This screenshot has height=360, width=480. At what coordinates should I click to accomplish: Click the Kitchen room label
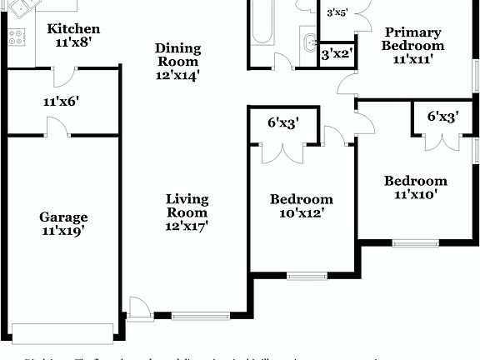tap(73, 29)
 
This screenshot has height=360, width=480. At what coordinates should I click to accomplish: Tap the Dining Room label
tap(177, 55)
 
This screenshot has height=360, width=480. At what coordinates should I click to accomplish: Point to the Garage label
tap(63, 217)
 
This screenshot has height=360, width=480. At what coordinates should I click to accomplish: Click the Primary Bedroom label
tap(412, 39)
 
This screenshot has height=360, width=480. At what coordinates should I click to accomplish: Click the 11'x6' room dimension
tap(61, 102)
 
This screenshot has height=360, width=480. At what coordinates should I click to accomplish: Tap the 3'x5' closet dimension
tap(337, 12)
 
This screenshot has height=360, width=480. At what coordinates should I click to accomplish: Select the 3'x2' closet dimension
tap(337, 54)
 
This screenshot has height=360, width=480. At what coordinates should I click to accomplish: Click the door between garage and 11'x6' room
tap(56, 128)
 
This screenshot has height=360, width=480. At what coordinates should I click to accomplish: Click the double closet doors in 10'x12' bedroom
tap(283, 152)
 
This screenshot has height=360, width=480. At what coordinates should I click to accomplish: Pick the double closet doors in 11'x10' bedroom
tap(442, 140)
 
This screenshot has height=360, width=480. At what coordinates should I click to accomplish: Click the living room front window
tap(200, 315)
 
